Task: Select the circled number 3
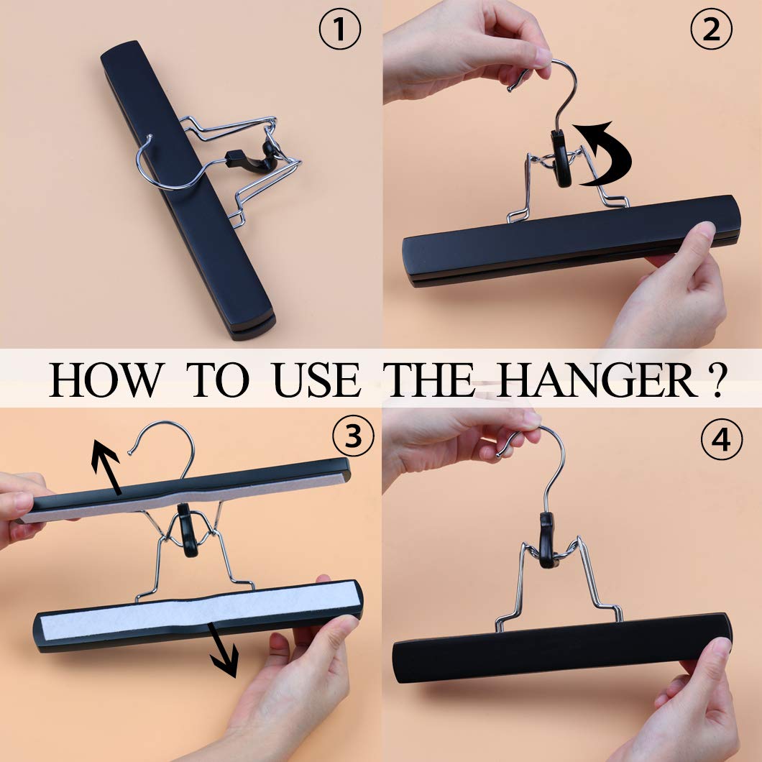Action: pos(352,436)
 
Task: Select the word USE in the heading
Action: pos(316,380)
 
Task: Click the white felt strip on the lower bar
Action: pos(194,611)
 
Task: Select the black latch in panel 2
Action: pos(561,158)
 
